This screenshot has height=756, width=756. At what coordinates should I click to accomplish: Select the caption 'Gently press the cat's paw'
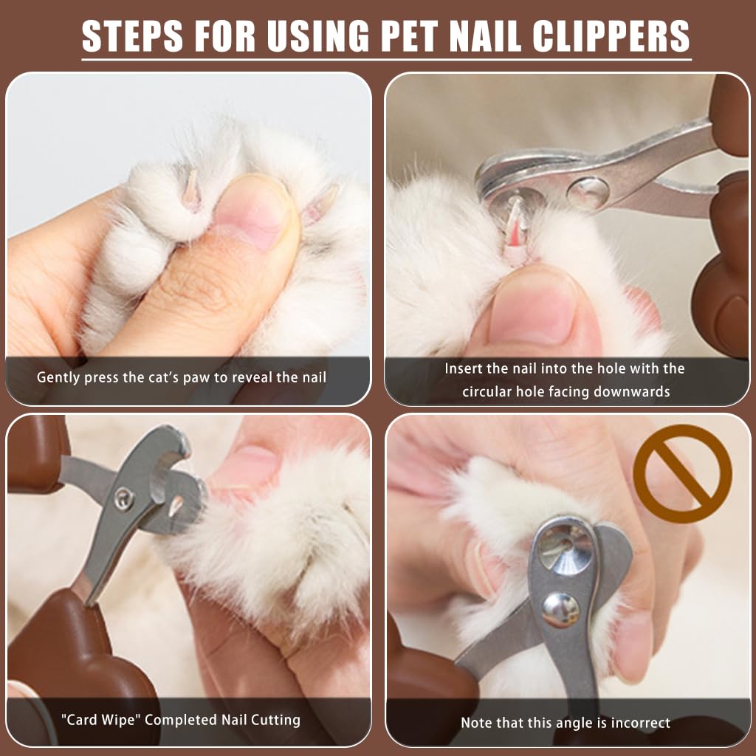point(181,377)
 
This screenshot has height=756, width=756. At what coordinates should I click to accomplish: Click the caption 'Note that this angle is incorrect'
point(566,723)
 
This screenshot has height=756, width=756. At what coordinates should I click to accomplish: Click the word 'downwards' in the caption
point(634,391)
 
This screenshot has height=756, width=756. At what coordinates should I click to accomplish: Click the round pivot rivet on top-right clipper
point(588,193)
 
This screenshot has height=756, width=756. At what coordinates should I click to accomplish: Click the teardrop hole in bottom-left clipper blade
point(176,506)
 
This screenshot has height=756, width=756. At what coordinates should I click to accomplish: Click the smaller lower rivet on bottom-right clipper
point(560,610)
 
